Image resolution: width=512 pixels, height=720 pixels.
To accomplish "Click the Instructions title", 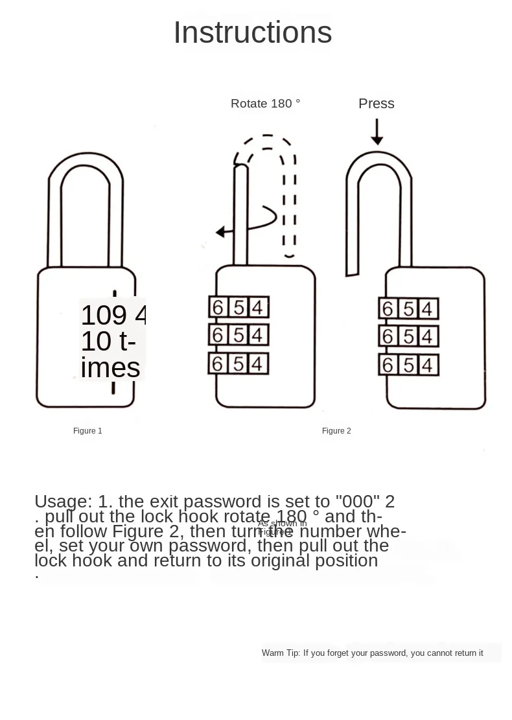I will click(252, 33).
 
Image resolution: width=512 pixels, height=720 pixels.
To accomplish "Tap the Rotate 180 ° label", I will click(265, 104).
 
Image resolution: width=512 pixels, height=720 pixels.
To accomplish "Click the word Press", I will click(376, 104).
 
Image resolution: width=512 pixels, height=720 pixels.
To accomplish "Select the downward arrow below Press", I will click(377, 134).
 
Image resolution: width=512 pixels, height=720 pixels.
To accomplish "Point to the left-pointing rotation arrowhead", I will click(221, 232).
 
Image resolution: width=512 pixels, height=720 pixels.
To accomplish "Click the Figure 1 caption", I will click(87, 431).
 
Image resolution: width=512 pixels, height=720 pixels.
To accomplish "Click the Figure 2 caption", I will click(336, 431).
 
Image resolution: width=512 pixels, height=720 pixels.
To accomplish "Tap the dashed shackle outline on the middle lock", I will click(290, 194).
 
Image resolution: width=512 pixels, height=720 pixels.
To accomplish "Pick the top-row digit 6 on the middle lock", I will click(218, 307).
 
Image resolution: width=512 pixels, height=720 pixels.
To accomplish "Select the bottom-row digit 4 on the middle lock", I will click(257, 364).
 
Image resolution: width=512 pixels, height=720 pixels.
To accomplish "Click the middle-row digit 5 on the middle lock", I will click(238, 335).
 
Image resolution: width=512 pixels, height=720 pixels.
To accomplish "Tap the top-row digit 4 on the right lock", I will click(426, 309).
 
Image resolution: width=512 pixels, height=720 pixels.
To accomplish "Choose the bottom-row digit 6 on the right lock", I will click(388, 366).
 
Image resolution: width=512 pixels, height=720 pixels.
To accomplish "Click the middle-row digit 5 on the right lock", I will click(408, 337).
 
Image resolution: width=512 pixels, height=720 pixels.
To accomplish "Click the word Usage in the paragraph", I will click(63, 502).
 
